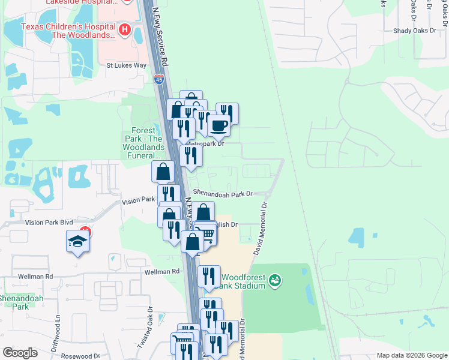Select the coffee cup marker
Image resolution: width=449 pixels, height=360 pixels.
[x=218, y=126]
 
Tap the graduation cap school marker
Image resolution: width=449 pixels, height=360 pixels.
[x=77, y=241]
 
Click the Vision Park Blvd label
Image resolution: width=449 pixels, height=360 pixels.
[x=49, y=222]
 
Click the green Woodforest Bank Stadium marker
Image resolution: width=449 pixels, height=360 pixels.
[x=275, y=280]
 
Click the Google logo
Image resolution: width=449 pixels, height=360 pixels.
[x=20, y=353]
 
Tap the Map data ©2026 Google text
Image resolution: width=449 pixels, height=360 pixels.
[x=411, y=355]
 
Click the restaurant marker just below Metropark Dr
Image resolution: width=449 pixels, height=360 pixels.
[x=191, y=156]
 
